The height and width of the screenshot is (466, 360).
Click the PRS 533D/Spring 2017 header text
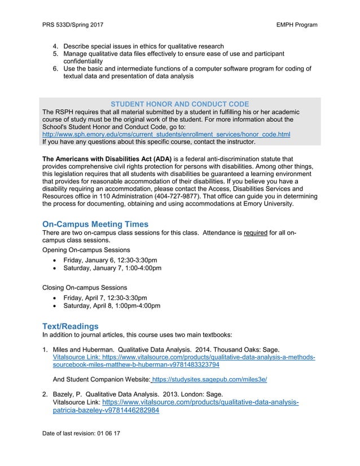pos(73,25)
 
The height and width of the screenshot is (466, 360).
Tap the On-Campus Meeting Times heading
pos(95,225)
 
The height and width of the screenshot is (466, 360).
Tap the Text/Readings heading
pos(71,326)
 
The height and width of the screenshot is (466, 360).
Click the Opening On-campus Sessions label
pos(86,249)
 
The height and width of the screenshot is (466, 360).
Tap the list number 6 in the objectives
pos(55,69)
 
